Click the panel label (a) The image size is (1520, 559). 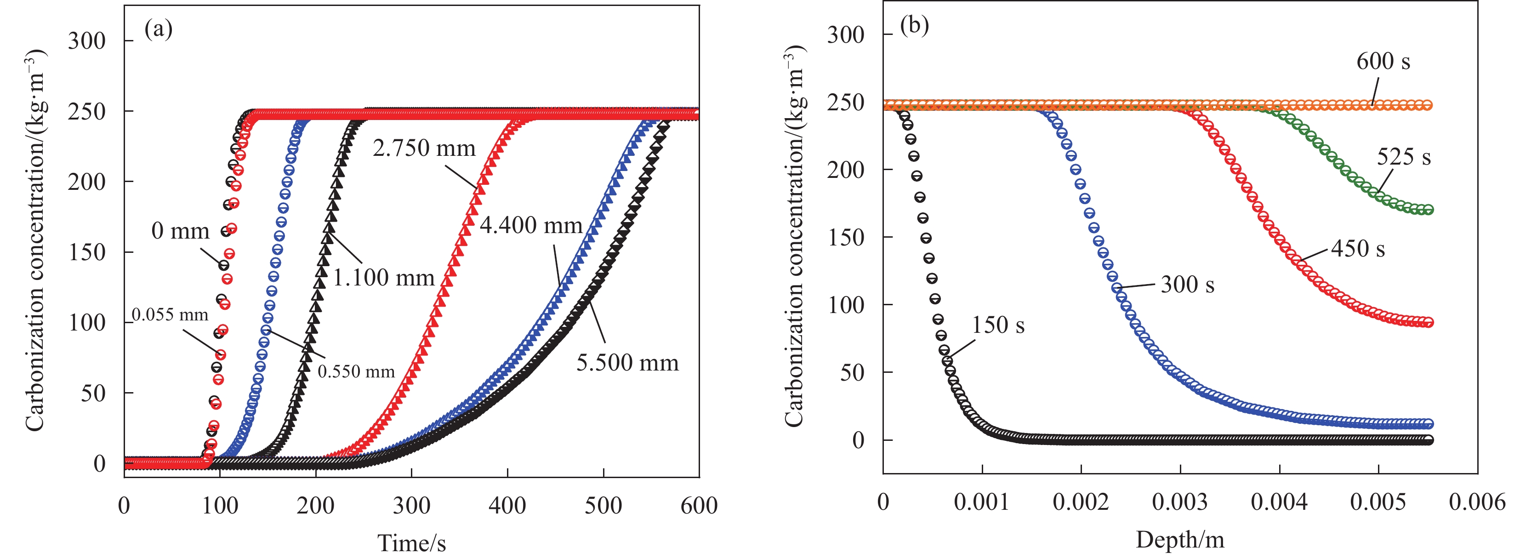pos(158,29)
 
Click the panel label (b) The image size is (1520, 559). pos(914,25)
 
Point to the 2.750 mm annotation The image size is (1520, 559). pos(424,148)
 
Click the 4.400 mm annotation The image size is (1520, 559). pos(530,225)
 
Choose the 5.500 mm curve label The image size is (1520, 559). pos(627,362)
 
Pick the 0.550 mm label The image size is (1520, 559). pos(356,371)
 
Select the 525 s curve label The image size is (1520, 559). pos(1403,157)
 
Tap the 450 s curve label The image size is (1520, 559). pos(1358,249)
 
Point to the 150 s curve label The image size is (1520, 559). pos(998,325)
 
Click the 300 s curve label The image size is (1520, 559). pos(1187,285)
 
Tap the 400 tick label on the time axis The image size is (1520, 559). pos(507,506)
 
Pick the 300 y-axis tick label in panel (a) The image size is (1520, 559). pos(87,41)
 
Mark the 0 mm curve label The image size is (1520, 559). pos(180,231)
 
